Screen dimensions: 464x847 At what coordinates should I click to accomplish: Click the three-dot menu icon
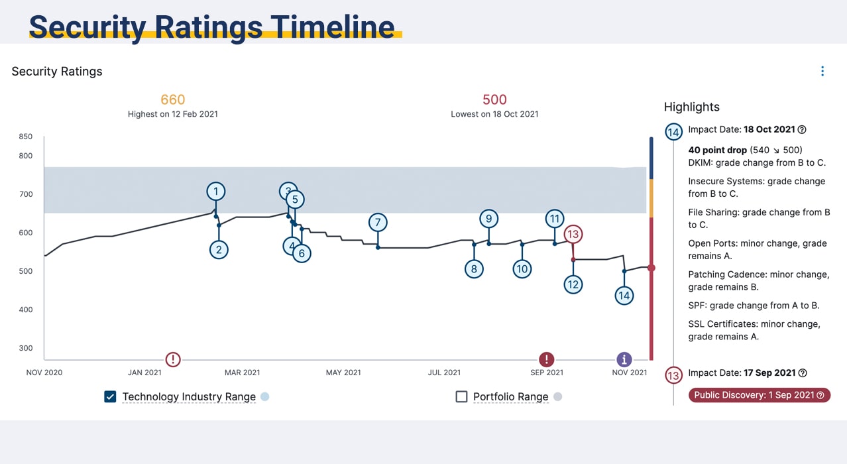[x=822, y=71]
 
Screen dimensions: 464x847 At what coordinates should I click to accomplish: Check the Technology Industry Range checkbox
[x=110, y=396]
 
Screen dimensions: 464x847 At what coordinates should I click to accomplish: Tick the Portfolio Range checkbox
[x=462, y=396]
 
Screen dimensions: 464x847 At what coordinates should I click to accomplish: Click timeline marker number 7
[x=378, y=223]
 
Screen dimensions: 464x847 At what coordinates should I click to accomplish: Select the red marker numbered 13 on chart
[x=573, y=234]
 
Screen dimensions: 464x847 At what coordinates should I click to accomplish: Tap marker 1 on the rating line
[x=215, y=192]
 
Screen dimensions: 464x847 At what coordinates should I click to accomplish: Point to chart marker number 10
[x=522, y=268]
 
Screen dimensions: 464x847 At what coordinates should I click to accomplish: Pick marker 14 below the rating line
[x=624, y=295]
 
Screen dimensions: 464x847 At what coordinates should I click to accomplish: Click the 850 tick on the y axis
[x=25, y=137]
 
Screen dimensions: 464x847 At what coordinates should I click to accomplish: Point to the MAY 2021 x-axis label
[x=343, y=373]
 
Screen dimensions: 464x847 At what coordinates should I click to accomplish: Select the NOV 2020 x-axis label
[x=44, y=373]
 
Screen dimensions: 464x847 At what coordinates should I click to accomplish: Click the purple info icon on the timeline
[x=624, y=359]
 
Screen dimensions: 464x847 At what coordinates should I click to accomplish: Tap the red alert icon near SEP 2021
[x=546, y=359]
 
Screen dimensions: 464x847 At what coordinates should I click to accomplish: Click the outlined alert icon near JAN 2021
[x=173, y=359]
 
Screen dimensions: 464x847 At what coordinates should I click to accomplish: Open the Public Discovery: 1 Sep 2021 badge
[x=760, y=395]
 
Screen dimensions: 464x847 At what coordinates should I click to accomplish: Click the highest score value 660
[x=172, y=100]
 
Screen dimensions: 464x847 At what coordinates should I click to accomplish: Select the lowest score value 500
[x=494, y=100]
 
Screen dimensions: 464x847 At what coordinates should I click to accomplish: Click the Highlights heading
[x=691, y=107]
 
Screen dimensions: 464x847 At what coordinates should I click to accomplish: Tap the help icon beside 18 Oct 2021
[x=802, y=130]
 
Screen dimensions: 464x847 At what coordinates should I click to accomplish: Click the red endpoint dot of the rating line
[x=651, y=268]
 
